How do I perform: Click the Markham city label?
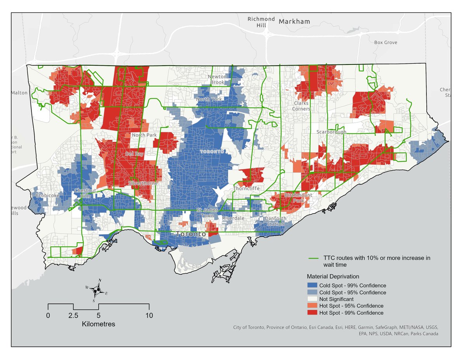point(294,21)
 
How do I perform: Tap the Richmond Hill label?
point(261,22)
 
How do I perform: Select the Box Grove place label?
point(385,42)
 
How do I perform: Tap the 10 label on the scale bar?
point(149,315)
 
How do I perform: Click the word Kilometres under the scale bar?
point(98,324)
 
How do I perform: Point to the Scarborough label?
point(331,132)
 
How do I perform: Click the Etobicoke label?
point(47,195)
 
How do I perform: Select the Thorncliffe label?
point(247,188)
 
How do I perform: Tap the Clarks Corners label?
point(301,106)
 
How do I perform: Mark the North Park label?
point(144,135)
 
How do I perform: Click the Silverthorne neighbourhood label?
point(143,182)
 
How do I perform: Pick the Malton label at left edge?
point(19,93)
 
